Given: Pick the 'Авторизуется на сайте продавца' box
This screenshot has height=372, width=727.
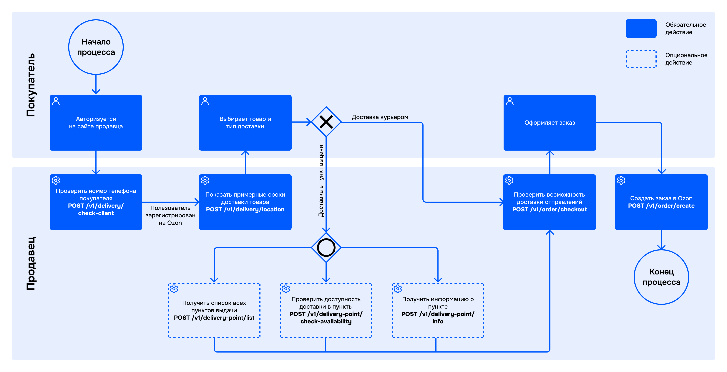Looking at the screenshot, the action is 96,123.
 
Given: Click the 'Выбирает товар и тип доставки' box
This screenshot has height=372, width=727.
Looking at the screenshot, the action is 245,123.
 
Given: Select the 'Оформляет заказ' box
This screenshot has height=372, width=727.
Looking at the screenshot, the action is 550,123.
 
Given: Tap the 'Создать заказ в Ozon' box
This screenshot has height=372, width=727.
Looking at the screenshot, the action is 661,202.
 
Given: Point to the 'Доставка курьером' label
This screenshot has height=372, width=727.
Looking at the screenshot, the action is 380,117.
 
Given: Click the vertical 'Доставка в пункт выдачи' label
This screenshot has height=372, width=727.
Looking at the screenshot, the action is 321,181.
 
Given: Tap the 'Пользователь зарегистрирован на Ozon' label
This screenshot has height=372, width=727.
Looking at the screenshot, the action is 170,215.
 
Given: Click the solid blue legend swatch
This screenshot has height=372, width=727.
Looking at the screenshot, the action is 641,29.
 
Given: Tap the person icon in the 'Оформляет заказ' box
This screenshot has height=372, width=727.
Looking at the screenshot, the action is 510,101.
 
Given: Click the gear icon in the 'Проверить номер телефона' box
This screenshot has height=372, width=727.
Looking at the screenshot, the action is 56,180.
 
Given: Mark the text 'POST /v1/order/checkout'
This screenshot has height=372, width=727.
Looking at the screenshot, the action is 550,209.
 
